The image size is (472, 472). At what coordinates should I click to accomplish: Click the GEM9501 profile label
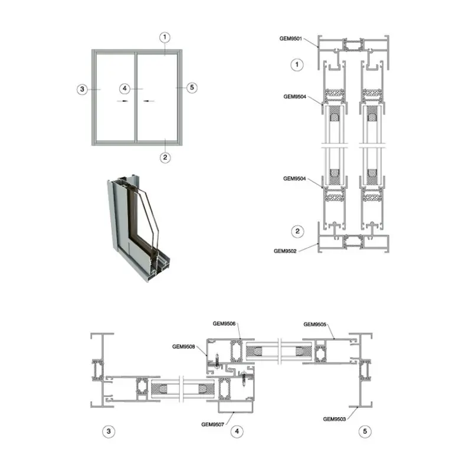pyautogui.click(x=290, y=38)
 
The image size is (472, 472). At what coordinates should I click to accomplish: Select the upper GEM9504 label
pyautogui.click(x=294, y=97)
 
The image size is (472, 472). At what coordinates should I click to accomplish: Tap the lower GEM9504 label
pyautogui.click(x=294, y=179)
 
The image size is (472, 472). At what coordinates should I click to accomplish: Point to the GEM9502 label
pyautogui.click(x=285, y=251)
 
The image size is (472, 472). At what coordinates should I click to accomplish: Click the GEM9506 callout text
pyautogui.click(x=224, y=323)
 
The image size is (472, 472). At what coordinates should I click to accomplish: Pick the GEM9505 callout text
pyautogui.click(x=315, y=324)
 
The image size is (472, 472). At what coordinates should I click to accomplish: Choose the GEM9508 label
pyautogui.click(x=183, y=346)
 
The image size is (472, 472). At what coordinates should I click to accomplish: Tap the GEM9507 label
pyautogui.click(x=212, y=424)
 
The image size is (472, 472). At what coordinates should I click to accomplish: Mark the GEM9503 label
pyautogui.click(x=334, y=419)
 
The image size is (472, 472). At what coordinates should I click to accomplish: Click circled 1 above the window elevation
pyautogui.click(x=165, y=37)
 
